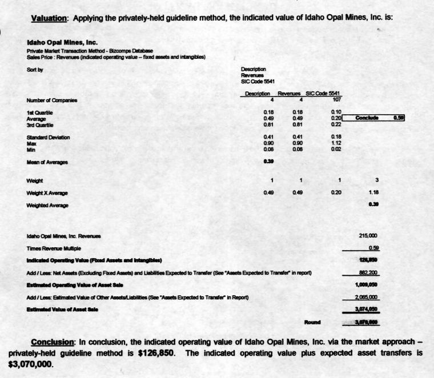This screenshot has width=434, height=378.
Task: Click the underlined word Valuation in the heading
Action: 49,18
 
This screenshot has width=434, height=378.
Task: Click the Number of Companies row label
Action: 53,100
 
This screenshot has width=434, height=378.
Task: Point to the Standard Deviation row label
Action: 48,138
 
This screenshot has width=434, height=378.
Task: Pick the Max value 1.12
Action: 337,143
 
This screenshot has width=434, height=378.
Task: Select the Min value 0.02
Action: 337,149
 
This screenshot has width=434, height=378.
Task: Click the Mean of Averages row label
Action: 48,162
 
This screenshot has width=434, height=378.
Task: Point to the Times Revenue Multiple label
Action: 54,248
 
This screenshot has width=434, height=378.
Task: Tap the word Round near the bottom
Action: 313,323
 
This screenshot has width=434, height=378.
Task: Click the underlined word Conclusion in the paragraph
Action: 53,343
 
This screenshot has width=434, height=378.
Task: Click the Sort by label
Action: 35,70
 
